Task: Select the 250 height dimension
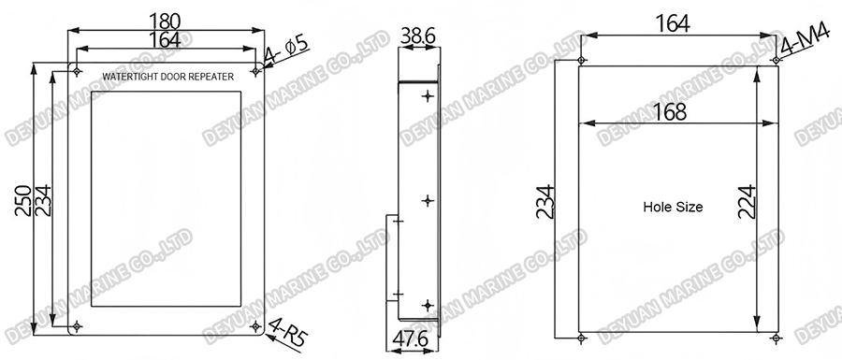coord(22,200)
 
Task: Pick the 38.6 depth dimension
coord(417,36)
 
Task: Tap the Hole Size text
coord(673,207)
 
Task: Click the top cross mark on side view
coord(428,96)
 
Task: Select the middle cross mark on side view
coord(428,200)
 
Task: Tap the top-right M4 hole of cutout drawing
coord(775,61)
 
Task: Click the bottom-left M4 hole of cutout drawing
coord(581,337)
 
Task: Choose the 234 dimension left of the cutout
coord(545,201)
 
